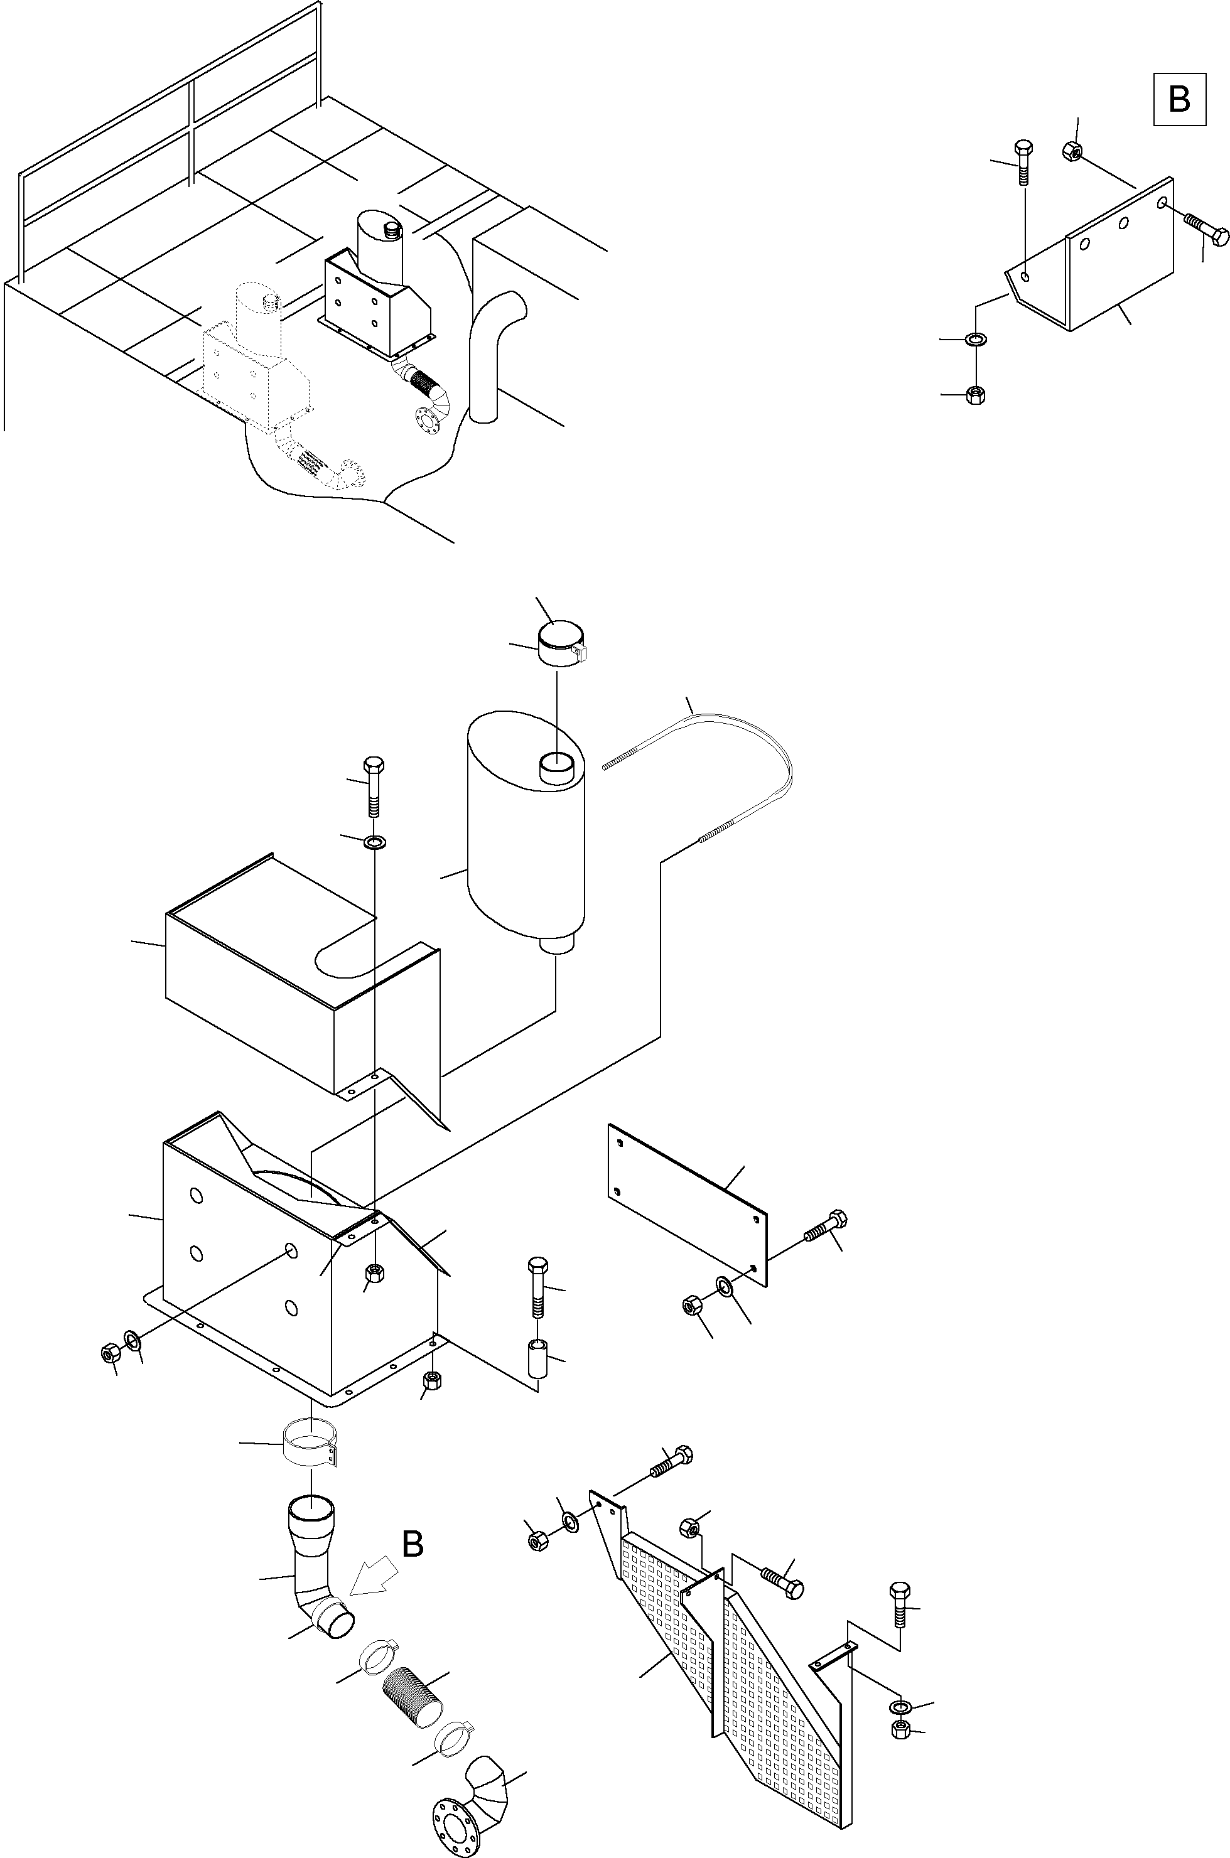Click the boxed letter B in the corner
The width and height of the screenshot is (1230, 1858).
tap(1179, 100)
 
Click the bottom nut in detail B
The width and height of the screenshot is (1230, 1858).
tap(976, 394)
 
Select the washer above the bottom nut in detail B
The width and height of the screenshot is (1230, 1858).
tap(976, 340)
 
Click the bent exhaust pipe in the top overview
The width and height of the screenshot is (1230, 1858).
tap(490, 353)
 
